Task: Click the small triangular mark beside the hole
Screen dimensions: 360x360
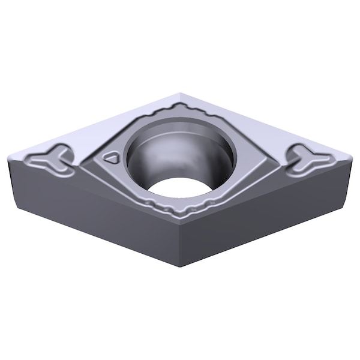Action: tap(110, 157)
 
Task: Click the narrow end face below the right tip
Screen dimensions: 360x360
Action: tap(348, 180)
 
